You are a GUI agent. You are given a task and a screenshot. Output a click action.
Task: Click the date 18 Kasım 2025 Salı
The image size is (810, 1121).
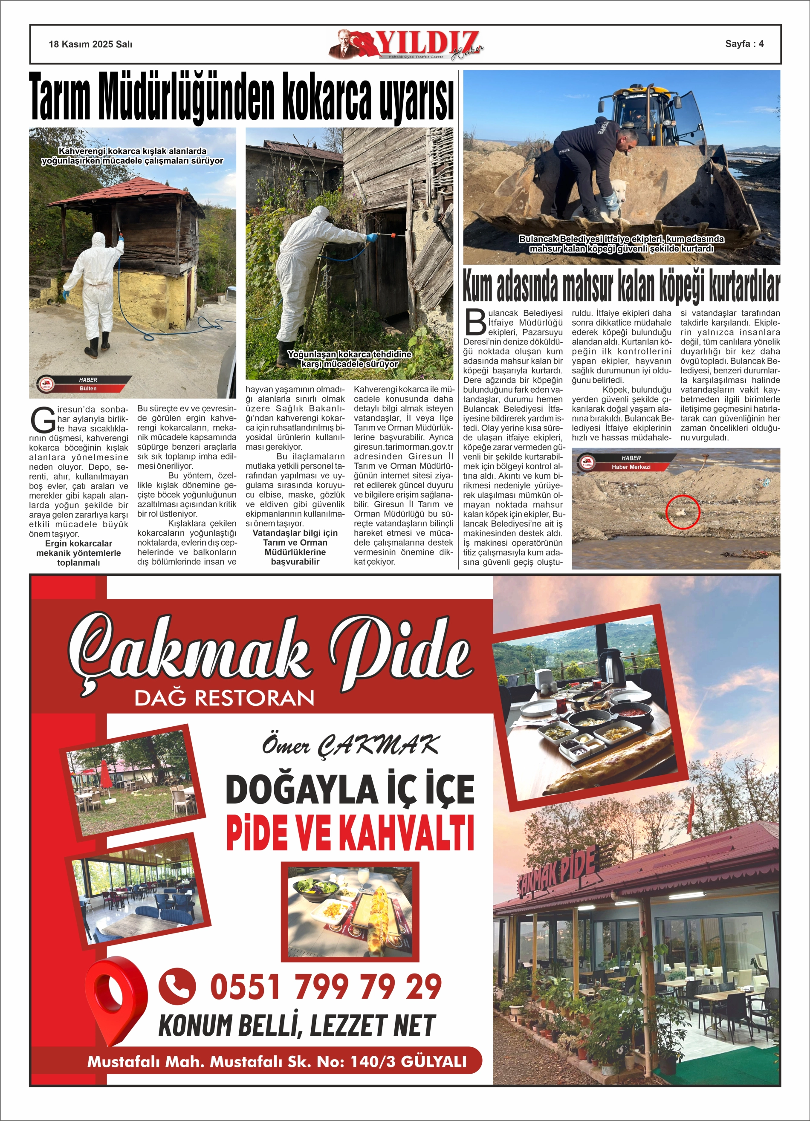click(90, 44)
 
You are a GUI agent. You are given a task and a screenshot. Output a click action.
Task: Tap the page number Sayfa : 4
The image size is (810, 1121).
click(744, 43)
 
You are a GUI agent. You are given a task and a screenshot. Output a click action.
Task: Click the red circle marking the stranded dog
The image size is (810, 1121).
click(683, 511)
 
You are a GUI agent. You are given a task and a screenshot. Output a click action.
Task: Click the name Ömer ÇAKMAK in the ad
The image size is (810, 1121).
click(350, 745)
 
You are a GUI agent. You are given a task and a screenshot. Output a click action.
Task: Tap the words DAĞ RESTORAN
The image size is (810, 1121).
click(224, 698)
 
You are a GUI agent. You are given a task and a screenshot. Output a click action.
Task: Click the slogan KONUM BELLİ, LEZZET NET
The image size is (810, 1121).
click(296, 1026)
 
